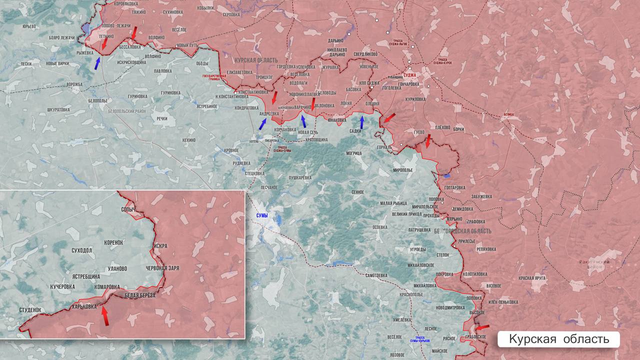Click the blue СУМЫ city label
pyautogui.click(x=262, y=215)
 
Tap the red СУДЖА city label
pyautogui.click(x=409, y=75)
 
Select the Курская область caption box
pyautogui.click(x=558, y=339)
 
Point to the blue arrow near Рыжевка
pyautogui.click(x=97, y=62)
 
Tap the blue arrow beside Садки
pyautogui.click(x=362, y=121)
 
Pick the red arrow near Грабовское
pyautogui.click(x=481, y=327)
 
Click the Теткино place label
pyautogui.click(x=106, y=36)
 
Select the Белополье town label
pyautogui.click(x=97, y=100)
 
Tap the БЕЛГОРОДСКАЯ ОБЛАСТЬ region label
pyautogui.click(x=462, y=231)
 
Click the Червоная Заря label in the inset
pyautogui.click(x=162, y=268)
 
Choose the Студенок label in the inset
pyautogui.click(x=30, y=310)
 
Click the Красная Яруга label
pyautogui.click(x=532, y=278)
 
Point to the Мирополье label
pyautogui.click(x=403, y=170)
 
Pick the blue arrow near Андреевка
pyautogui.click(x=262, y=123)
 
